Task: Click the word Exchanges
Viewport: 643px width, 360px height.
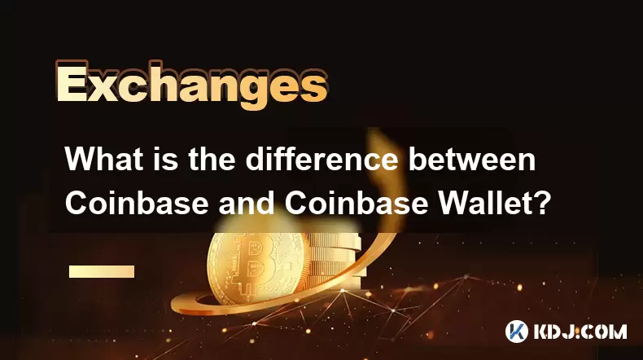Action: coord(191,85)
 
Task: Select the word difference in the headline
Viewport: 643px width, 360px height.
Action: coord(321,160)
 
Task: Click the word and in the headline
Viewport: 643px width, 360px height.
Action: coord(246,203)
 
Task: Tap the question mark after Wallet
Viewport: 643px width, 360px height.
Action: coord(542,203)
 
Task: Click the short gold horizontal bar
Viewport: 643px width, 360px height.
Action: coord(102,271)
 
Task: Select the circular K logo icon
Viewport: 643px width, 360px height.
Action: coord(516,331)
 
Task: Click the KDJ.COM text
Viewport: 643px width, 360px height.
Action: coord(580,331)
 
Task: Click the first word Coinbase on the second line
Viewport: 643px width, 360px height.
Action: coord(137,203)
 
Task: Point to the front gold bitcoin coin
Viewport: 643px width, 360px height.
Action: coord(257,268)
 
